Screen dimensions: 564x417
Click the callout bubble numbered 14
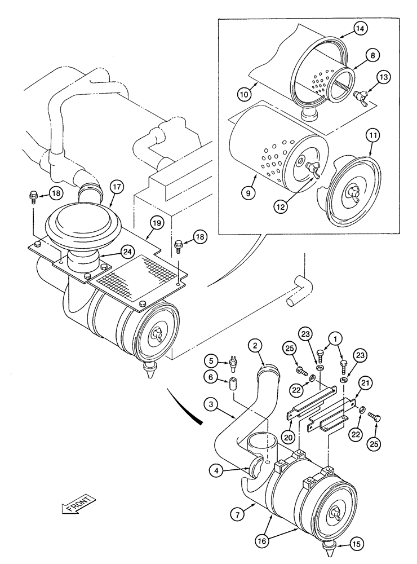(x=360, y=28)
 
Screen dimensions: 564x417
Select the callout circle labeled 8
(x=373, y=55)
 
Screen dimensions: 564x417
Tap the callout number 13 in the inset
(x=383, y=78)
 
